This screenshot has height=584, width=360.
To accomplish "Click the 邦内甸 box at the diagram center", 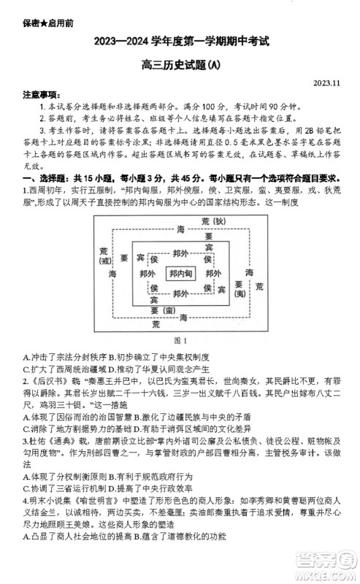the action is (x=180, y=273).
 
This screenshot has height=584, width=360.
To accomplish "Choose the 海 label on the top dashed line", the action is (x=180, y=230).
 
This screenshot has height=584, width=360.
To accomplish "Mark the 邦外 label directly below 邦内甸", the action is (x=180, y=289).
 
